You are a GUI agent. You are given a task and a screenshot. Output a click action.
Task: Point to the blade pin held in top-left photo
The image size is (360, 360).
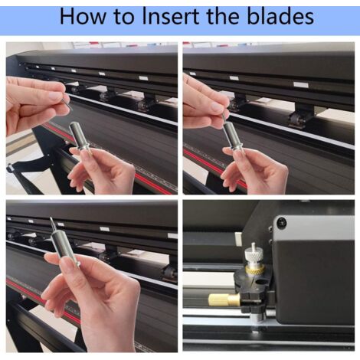[x=67, y=101]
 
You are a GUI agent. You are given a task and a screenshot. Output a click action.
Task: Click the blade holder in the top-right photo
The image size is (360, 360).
[x=234, y=136]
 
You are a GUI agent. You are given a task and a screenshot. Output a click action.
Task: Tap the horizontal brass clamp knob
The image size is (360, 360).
[x=224, y=299]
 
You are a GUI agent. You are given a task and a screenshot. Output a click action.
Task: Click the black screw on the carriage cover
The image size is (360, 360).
[x=281, y=222]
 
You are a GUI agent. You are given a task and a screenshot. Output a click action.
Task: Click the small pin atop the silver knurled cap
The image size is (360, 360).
[x=254, y=247]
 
